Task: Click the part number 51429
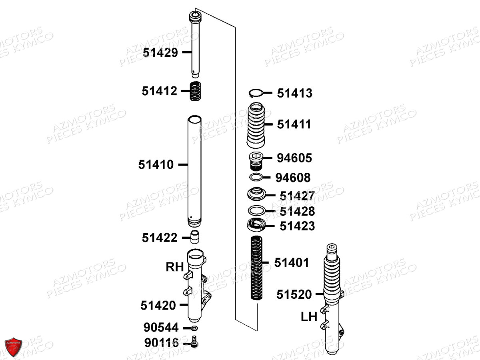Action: tap(160, 53)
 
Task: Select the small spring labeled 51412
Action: tap(195, 91)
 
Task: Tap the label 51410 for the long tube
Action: tap(156, 164)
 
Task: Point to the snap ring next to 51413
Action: tap(256, 93)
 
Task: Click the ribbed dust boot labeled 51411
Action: tap(256, 125)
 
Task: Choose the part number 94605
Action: tap(294, 158)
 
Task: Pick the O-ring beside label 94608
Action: tap(256, 177)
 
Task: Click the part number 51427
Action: tap(297, 196)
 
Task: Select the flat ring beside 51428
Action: tap(256, 210)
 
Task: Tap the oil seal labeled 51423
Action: tap(256, 225)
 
